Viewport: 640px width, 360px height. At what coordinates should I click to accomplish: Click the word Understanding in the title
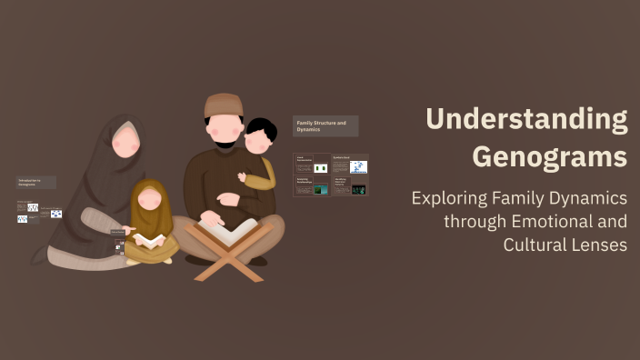[526, 119]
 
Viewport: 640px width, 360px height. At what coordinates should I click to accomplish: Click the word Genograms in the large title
[549, 156]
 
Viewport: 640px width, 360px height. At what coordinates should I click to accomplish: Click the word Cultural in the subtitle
[539, 245]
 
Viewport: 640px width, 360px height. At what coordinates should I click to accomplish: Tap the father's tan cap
[223, 105]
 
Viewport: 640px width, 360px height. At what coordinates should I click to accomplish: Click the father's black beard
[224, 142]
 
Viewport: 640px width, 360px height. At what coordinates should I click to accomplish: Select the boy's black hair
[261, 127]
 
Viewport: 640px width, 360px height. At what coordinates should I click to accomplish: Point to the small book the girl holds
[151, 240]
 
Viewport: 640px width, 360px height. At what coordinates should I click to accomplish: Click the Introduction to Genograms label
[35, 182]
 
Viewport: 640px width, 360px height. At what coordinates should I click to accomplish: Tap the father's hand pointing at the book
[211, 217]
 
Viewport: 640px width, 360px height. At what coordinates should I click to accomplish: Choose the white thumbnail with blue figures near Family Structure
[358, 167]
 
